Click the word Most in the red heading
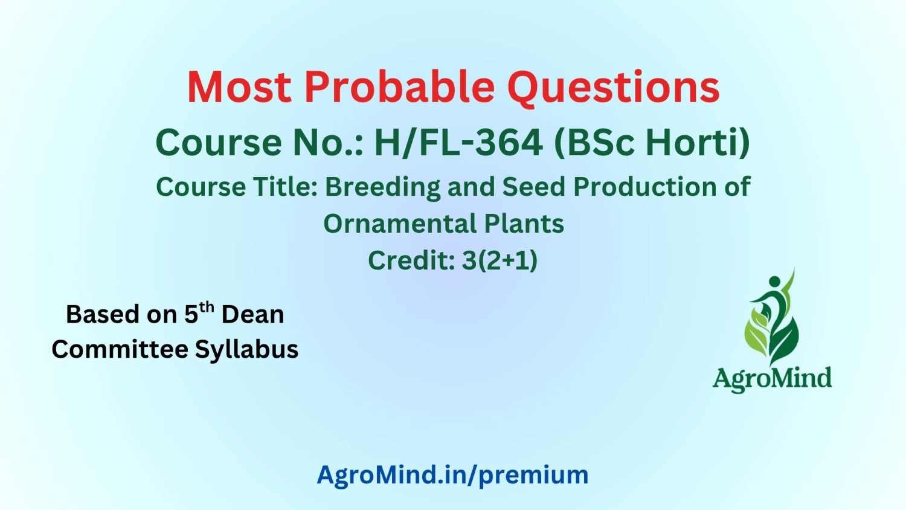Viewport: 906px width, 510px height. [239, 87]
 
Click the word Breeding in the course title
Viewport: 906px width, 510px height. [382, 187]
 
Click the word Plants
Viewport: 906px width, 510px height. [524, 224]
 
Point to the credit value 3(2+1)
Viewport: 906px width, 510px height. [500, 260]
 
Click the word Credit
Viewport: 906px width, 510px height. [411, 260]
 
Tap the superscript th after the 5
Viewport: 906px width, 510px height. [207, 308]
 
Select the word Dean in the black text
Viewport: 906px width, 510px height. [253, 314]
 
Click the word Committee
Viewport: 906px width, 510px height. [120, 349]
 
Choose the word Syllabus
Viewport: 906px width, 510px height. [246, 349]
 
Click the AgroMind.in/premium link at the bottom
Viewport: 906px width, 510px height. [452, 475]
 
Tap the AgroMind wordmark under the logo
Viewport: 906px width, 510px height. [772, 379]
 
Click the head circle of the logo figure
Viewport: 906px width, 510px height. [774, 281]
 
